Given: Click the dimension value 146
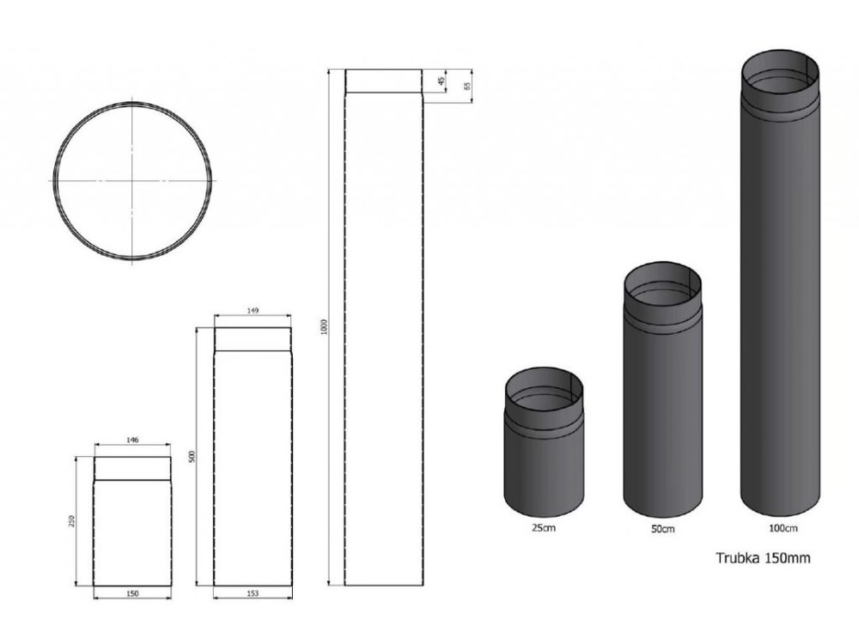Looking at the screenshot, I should (x=131, y=439).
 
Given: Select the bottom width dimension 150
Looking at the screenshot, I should (x=131, y=593).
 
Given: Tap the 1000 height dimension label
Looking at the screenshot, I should (x=324, y=328).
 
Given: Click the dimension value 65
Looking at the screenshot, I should (x=467, y=86).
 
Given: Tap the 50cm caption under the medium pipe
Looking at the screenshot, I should (x=662, y=529).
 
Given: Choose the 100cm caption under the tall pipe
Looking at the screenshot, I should (x=781, y=526).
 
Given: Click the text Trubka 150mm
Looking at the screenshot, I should (x=763, y=557).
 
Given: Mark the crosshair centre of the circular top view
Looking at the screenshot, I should (x=133, y=180).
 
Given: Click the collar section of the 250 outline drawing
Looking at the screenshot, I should (x=131, y=467).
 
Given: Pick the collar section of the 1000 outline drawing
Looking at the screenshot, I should (x=383, y=81).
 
